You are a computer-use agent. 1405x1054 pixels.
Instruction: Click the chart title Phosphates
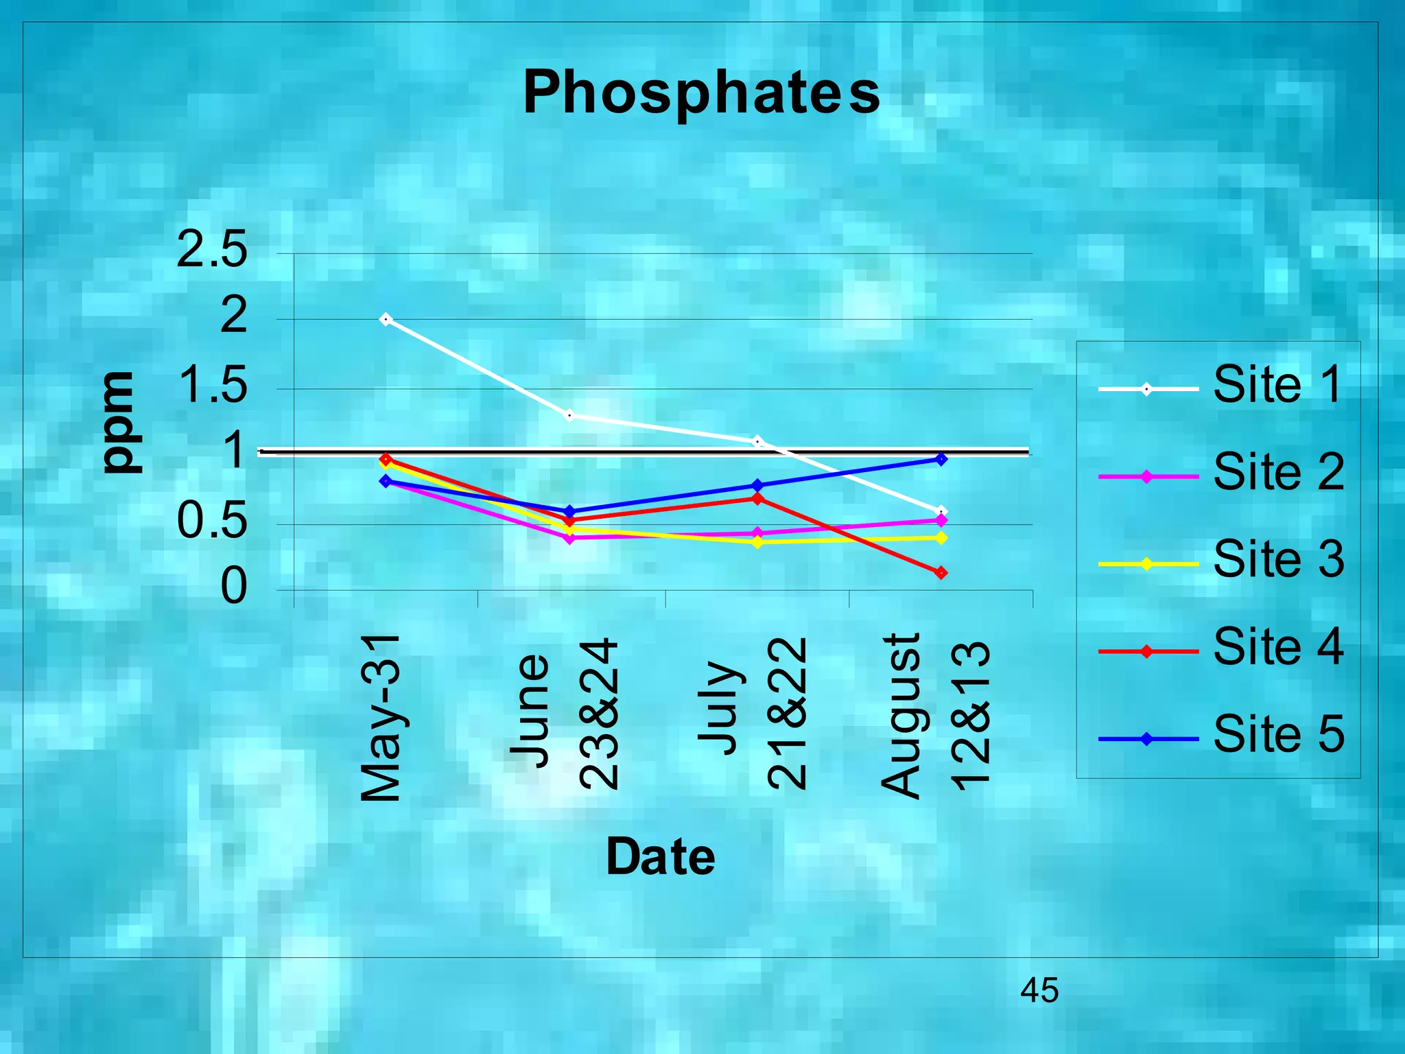click(701, 93)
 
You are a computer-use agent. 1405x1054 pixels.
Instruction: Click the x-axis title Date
click(660, 857)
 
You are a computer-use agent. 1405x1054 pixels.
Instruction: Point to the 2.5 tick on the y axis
click(211, 250)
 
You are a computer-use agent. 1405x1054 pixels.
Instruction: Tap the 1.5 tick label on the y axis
click(211, 386)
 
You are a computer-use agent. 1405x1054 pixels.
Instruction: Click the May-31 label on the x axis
click(381, 717)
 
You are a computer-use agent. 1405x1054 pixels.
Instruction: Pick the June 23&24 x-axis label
click(564, 714)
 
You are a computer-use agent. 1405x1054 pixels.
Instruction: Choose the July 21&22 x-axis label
click(753, 714)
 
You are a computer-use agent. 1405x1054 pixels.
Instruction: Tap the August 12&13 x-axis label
click(936, 716)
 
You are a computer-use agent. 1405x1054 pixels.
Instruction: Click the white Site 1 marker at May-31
click(386, 319)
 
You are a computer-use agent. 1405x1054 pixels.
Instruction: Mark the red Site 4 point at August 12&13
click(941, 573)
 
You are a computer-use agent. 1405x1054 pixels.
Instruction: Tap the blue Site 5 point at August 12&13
click(941, 459)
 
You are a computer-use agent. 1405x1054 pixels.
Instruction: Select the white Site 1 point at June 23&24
click(569, 415)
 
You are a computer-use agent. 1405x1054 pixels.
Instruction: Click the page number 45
click(1039, 991)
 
